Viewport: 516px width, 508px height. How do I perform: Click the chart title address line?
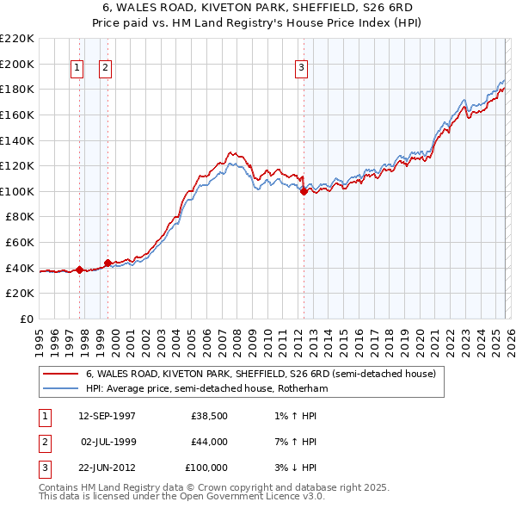tap(258, 8)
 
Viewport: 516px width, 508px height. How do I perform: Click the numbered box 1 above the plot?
tap(77, 68)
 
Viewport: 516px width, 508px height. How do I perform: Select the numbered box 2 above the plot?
tap(105, 68)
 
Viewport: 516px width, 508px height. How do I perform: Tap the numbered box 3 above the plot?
tap(302, 68)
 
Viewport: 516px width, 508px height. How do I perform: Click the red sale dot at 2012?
tap(304, 191)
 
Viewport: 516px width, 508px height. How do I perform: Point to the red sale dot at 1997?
tap(80, 269)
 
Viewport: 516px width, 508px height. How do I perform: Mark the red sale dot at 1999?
tap(107, 263)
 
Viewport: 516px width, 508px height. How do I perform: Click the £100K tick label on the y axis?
tap(17, 191)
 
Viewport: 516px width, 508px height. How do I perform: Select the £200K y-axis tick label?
tap(17, 64)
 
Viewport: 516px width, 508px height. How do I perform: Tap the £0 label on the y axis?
tap(26, 319)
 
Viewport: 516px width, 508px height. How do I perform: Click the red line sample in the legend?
tap(60, 375)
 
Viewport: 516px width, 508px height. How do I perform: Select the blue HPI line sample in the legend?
tap(60, 389)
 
